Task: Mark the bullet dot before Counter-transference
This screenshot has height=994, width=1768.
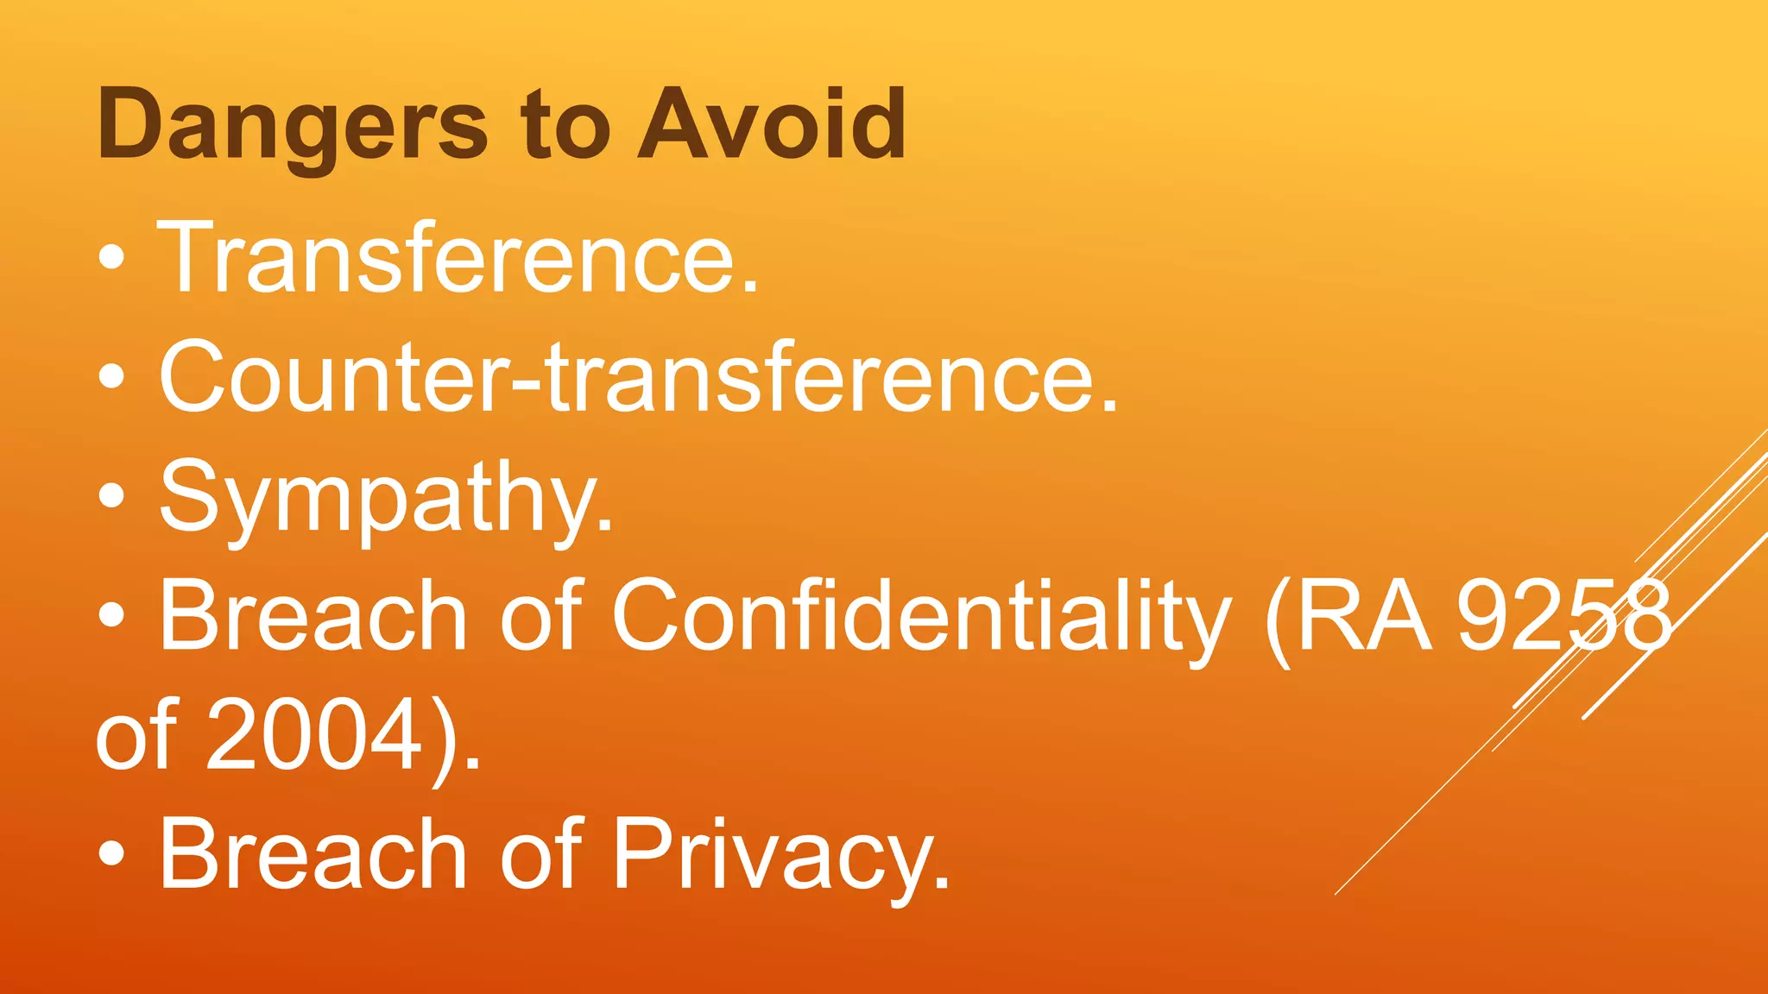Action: pos(112,376)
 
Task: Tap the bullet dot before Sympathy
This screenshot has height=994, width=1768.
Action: pos(112,496)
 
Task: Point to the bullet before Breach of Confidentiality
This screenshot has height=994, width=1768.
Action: pos(112,615)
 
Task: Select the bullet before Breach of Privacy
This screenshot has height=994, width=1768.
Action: pos(112,854)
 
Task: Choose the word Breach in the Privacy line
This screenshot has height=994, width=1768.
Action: pos(313,854)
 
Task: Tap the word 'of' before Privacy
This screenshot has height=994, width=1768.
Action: pos(542,854)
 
